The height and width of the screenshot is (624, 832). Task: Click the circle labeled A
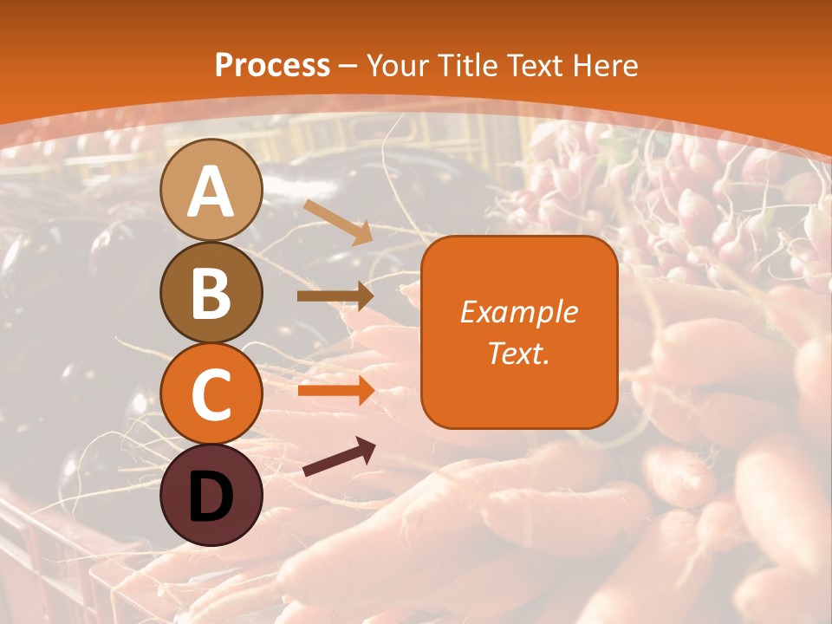(211, 190)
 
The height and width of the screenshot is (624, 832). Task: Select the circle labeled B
(211, 292)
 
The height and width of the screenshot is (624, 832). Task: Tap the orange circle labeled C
(211, 393)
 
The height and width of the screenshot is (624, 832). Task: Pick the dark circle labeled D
(211, 495)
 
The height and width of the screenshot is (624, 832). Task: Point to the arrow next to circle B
(335, 296)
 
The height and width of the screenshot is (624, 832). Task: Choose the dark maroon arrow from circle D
(339, 458)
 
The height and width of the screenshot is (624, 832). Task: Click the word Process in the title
(272, 65)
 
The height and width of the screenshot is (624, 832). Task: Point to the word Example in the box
(519, 312)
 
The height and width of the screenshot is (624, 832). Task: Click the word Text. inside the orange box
(519, 353)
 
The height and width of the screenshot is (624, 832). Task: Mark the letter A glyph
(211, 192)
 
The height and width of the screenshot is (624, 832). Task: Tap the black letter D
(211, 497)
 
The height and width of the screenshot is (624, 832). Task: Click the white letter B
(211, 293)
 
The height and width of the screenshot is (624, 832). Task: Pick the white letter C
(211, 394)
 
